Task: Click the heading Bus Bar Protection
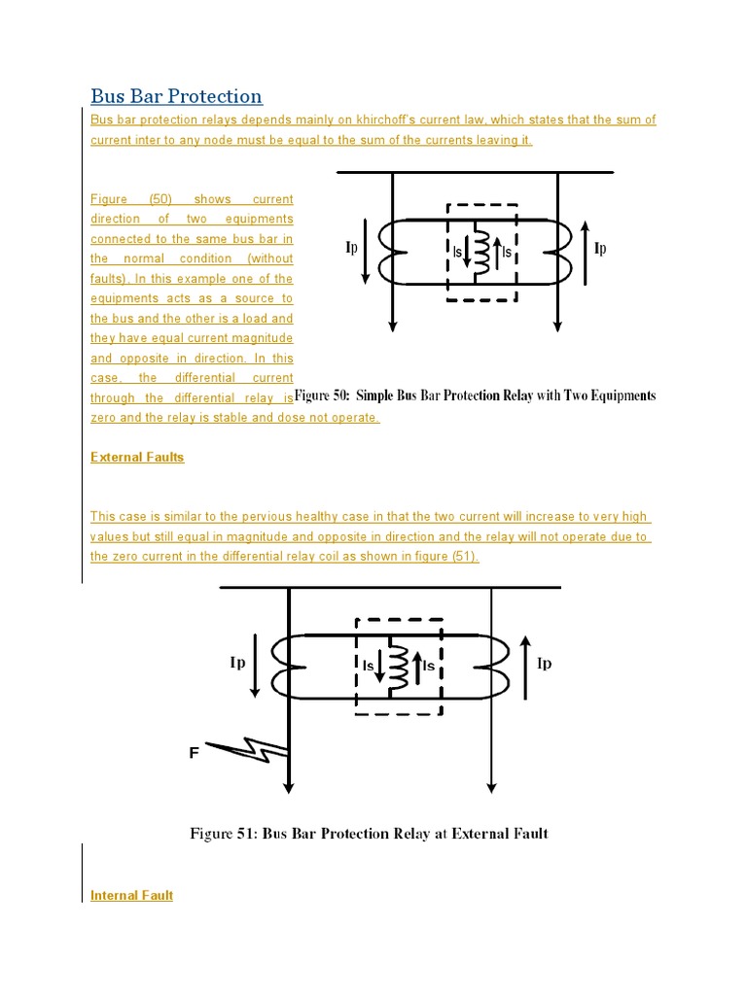point(176,96)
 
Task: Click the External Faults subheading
point(137,457)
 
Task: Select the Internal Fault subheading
point(131,895)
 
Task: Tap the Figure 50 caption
point(475,396)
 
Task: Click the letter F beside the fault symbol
point(194,752)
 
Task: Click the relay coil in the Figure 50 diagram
point(481,251)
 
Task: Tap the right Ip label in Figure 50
point(600,249)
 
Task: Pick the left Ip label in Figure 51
point(237,663)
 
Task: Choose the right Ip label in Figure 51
point(545,664)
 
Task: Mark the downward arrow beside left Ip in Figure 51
point(255,665)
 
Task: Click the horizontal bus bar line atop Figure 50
point(475,172)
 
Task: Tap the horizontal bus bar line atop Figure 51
point(389,587)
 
